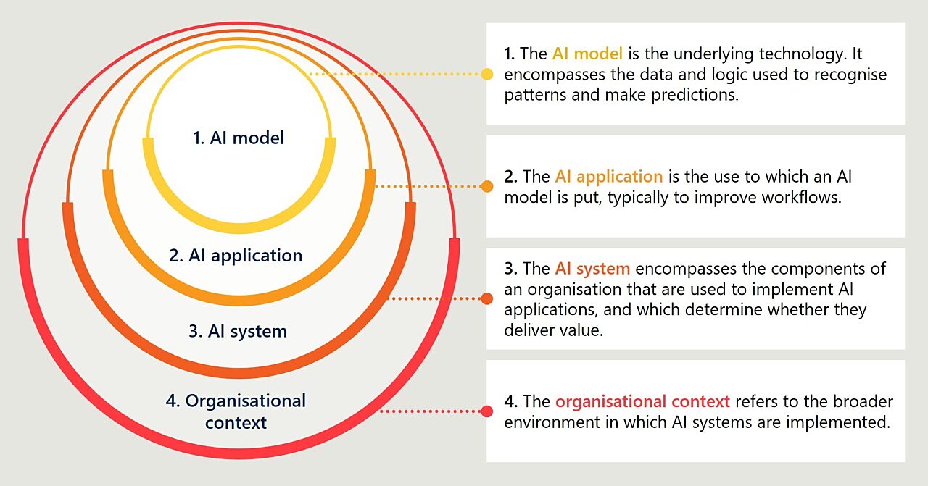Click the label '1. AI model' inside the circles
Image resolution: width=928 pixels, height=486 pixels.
tap(239, 138)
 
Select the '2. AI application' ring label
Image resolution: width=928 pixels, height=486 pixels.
tap(236, 255)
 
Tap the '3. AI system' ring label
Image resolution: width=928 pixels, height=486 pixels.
tap(238, 331)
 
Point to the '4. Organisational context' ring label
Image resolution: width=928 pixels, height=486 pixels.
tap(236, 411)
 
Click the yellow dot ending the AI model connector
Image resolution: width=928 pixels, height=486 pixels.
tap(487, 74)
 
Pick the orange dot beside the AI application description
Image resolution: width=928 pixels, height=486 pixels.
tap(487, 186)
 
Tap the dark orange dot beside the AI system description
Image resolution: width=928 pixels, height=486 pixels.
tap(487, 298)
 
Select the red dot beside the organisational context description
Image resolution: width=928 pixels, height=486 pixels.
tap(487, 411)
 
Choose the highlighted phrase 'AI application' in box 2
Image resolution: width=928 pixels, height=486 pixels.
tap(609, 176)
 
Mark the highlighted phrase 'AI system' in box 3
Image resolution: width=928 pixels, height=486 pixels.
tap(592, 269)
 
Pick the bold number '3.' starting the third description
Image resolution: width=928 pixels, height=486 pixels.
tap(510, 269)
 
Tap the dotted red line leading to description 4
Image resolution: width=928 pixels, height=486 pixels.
tap(431, 411)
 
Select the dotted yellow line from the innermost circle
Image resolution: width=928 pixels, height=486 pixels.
tap(395, 74)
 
